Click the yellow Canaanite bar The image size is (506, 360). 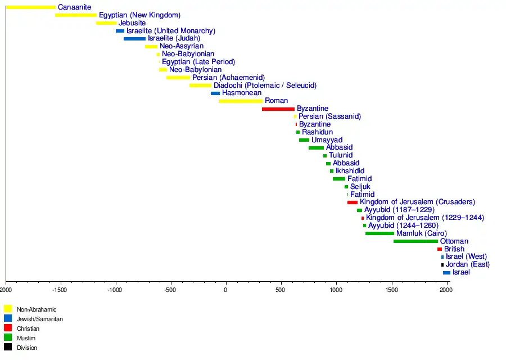(31, 7)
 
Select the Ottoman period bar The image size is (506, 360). (415, 241)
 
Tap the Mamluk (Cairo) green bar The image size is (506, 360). (379, 233)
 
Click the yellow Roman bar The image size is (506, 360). (241, 101)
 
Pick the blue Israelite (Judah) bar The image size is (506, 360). (134, 39)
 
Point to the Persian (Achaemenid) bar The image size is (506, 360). (178, 78)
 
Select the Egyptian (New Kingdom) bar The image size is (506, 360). (76, 15)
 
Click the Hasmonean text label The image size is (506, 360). (242, 93)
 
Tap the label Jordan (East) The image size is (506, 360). (467, 264)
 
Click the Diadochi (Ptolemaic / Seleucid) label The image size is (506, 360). (265, 85)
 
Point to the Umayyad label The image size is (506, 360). (327, 140)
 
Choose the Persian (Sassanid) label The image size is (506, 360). (329, 116)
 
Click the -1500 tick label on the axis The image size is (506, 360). (60, 290)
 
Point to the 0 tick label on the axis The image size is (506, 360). (225, 290)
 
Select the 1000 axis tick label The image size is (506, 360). (336, 290)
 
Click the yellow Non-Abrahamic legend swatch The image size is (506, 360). (8, 309)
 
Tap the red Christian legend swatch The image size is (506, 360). (8, 328)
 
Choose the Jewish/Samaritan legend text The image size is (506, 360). (39, 319)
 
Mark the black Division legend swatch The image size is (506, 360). (8, 347)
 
